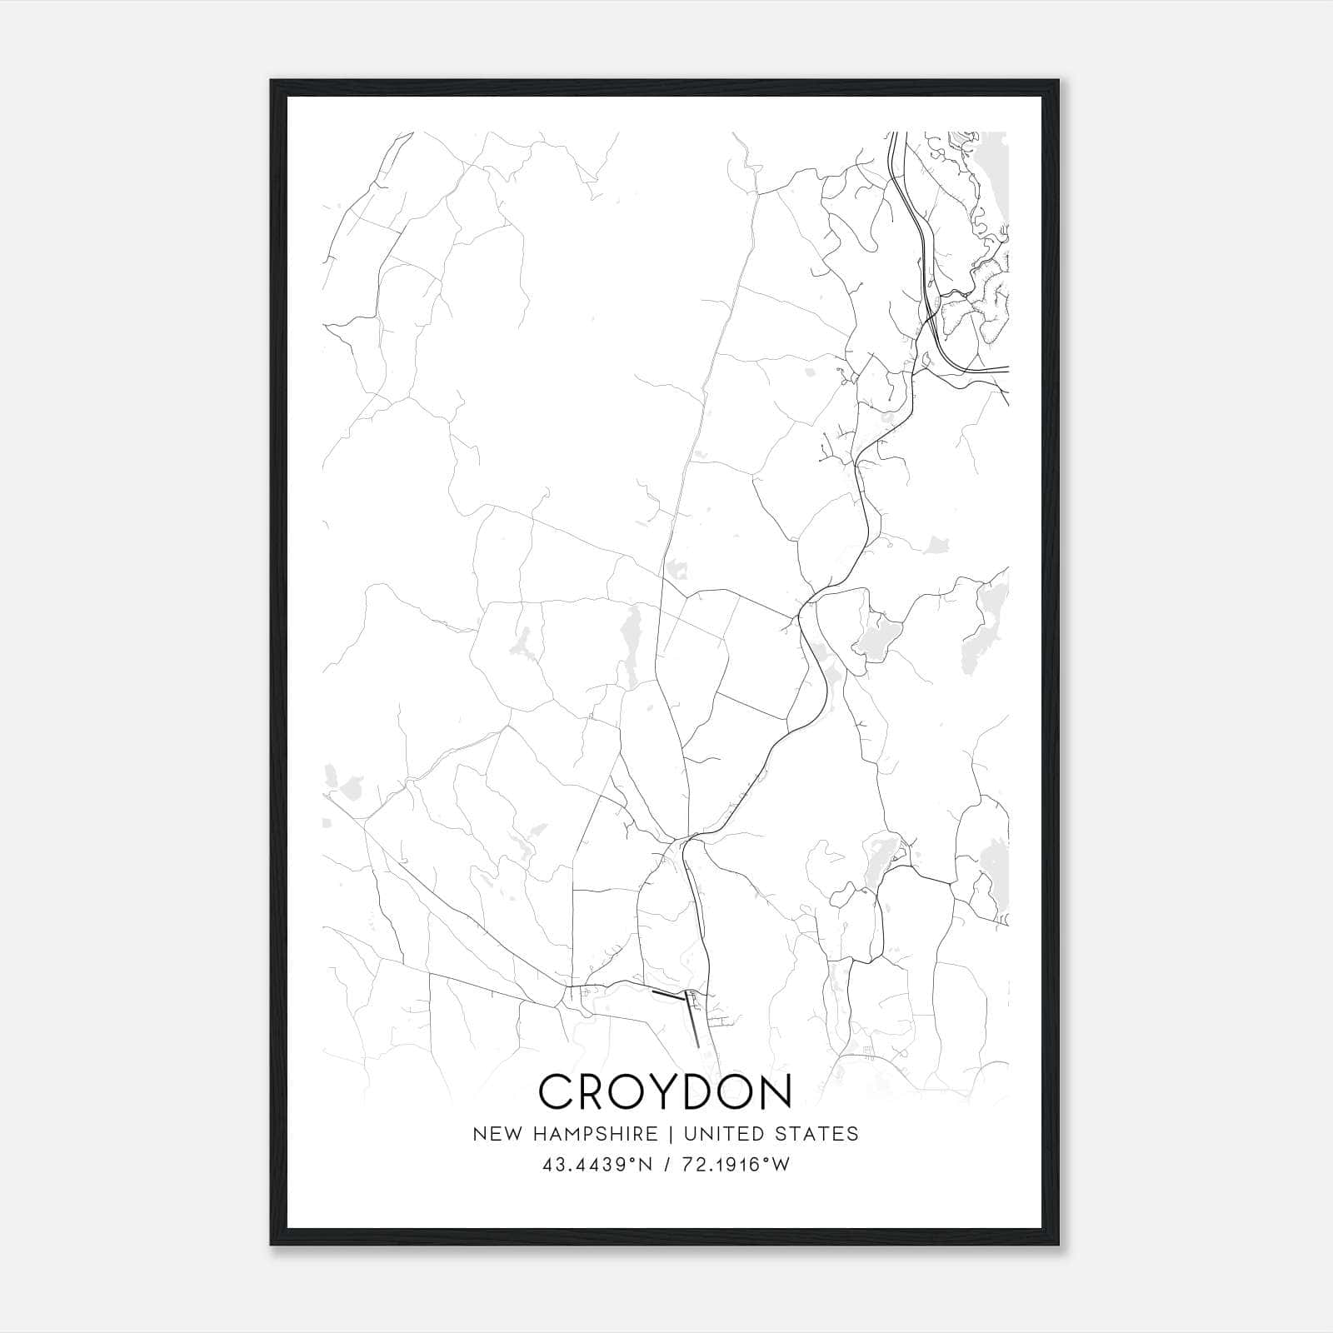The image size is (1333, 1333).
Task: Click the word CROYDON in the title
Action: [x=666, y=1091]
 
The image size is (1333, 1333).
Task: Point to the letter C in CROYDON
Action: [x=556, y=1091]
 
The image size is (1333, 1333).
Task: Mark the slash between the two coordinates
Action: [x=666, y=1165]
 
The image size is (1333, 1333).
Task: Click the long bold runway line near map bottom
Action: [x=691, y=1018]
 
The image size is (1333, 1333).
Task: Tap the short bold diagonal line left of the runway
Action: [x=666, y=994]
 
